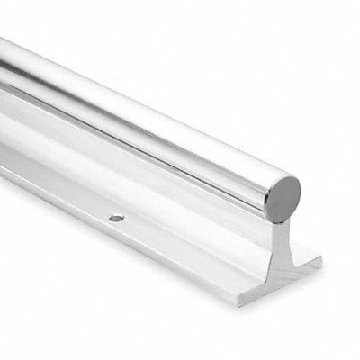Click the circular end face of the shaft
(x=283, y=198)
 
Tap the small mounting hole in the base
(x=116, y=218)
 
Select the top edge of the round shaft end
(x=286, y=177)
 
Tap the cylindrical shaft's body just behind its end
(x=243, y=180)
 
